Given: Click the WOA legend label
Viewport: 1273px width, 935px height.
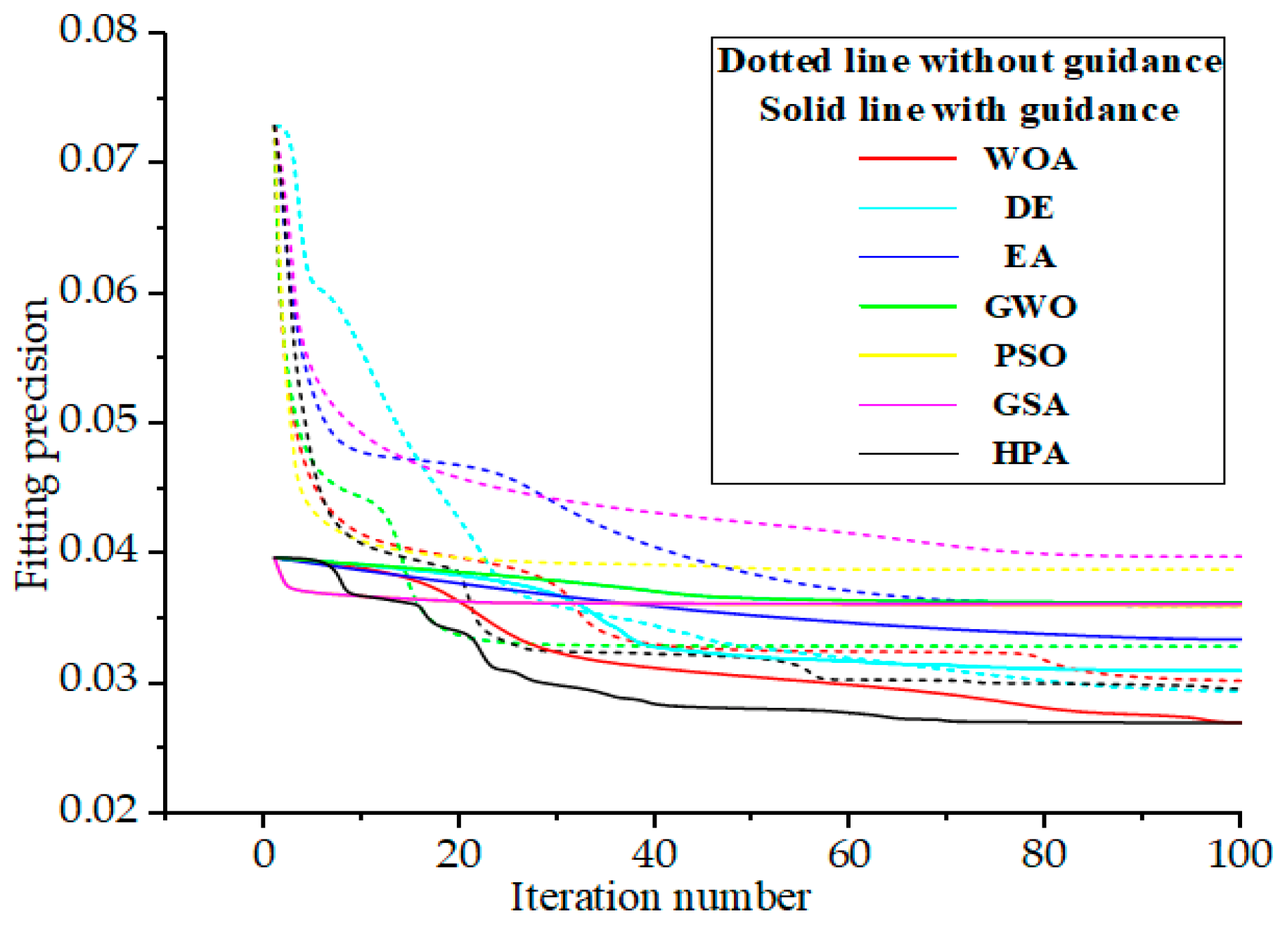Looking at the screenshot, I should tap(1030, 159).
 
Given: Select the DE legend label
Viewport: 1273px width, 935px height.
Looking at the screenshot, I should tap(1030, 208).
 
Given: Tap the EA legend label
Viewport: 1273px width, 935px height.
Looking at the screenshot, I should tap(1030, 257).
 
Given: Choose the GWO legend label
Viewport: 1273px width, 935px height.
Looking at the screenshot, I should tap(1030, 307).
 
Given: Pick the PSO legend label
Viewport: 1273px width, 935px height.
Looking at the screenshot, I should tap(1030, 356).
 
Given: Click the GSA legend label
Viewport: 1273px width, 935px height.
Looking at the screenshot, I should tap(1030, 405).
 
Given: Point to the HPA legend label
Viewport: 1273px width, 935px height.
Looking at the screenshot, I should tap(1030, 454).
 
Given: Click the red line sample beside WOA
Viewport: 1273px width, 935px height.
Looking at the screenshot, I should tap(907, 159).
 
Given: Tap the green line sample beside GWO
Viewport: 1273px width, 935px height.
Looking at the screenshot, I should tap(907, 307).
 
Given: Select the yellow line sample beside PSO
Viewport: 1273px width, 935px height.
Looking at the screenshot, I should tap(907, 356).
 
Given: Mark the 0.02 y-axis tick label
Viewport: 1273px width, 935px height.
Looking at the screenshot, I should tap(99, 810).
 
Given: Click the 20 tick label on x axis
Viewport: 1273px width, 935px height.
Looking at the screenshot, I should tap(458, 855).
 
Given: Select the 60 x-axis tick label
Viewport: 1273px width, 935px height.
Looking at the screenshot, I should tap(849, 855).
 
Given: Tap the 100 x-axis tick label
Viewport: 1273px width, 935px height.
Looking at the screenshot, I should tap(1239, 855).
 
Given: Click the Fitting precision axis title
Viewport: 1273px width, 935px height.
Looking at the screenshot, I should tap(33, 444).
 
